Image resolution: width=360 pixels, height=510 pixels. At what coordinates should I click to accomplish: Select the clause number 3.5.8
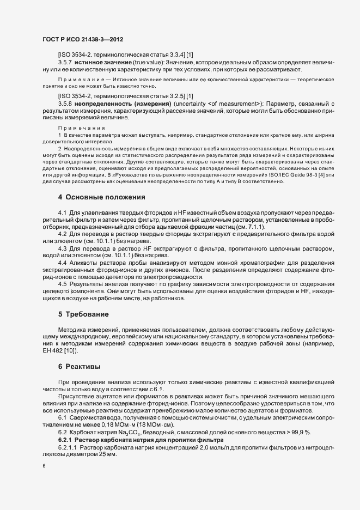[x=65, y=104]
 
